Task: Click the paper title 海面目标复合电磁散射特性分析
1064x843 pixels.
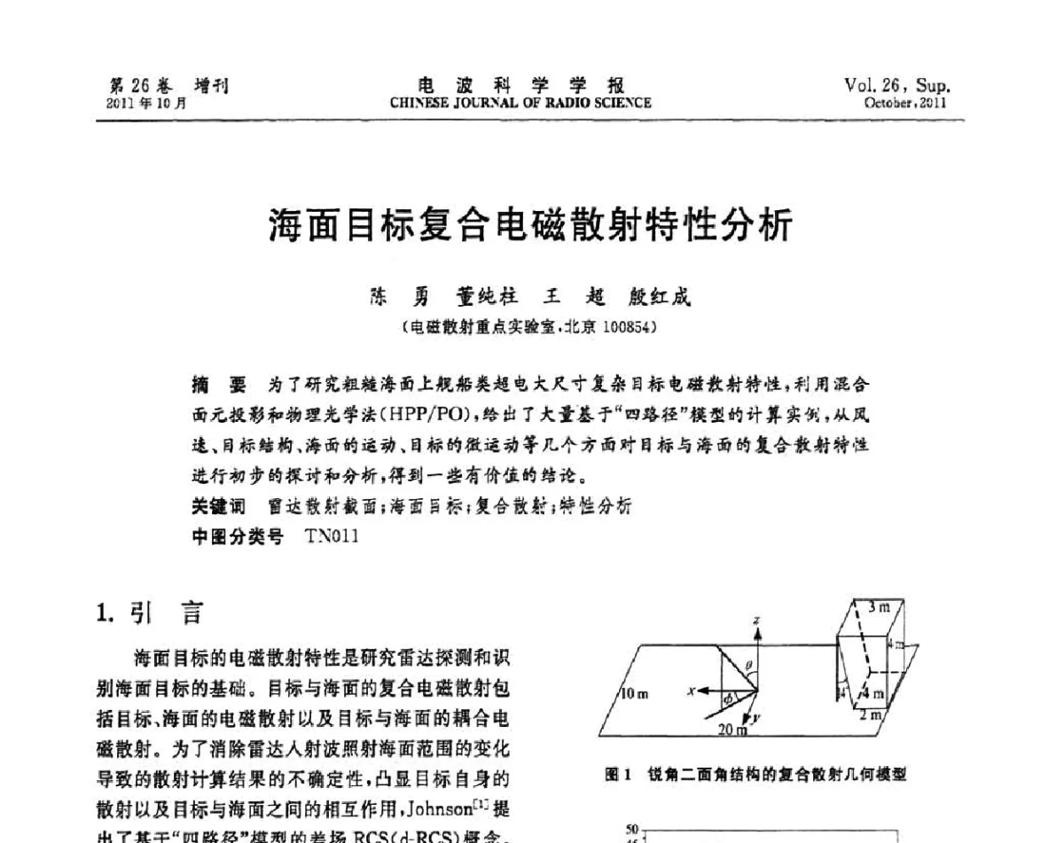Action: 530,227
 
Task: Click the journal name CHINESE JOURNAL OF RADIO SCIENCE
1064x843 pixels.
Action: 520,103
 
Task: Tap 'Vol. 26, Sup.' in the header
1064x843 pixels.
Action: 896,86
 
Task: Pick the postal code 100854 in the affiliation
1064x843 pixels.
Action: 626,326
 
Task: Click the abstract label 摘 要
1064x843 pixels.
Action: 218,385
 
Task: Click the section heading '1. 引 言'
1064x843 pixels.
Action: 149,613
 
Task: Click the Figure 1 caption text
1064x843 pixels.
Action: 755,774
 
